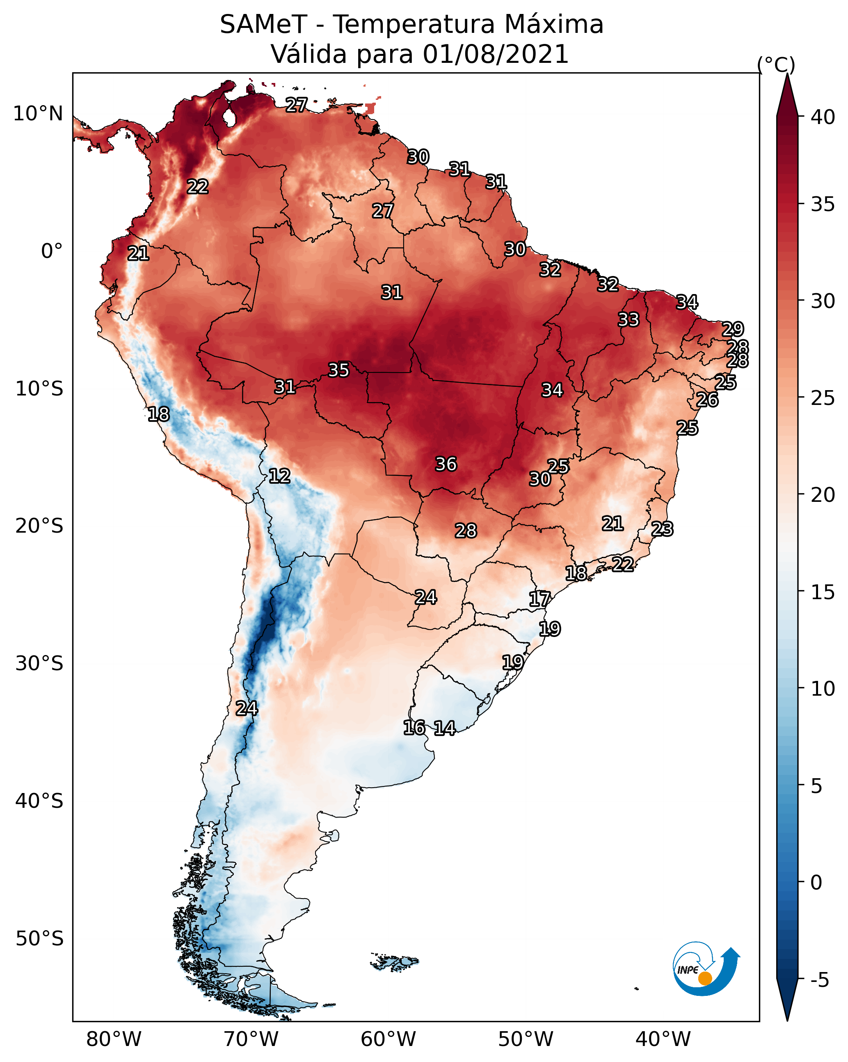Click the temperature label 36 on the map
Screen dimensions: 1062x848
(446, 464)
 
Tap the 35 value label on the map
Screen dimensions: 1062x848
(338, 370)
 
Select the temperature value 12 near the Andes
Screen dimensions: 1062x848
(279, 476)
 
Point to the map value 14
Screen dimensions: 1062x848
(444, 728)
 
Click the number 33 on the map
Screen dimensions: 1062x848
(629, 320)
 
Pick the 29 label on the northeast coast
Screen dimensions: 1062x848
(732, 329)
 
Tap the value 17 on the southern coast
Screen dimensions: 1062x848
(539, 599)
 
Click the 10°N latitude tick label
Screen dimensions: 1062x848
(38, 114)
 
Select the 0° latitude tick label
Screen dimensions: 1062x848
(52, 251)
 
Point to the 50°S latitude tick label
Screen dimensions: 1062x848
(39, 939)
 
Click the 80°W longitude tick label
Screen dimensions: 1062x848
(114, 1039)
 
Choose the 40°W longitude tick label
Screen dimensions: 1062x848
(663, 1039)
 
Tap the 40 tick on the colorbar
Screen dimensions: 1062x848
(823, 117)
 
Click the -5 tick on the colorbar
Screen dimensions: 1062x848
(819, 980)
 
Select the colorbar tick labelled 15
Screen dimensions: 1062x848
(823, 592)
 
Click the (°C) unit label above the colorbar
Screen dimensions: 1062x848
(776, 64)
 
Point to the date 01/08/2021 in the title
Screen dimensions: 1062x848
(495, 54)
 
